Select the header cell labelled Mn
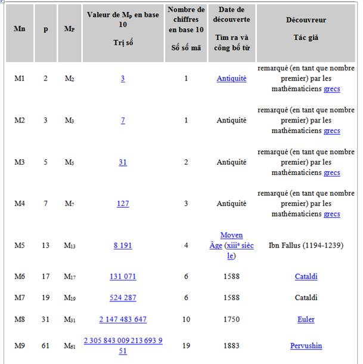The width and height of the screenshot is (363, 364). tap(19, 29)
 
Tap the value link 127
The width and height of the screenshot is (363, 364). tap(123, 203)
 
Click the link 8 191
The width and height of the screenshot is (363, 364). tap(123, 245)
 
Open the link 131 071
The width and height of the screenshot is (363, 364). tap(123, 276)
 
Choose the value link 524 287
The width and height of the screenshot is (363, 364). tap(123, 298)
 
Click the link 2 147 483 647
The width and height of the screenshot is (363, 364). tap(123, 319)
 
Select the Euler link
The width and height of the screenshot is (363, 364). tap(306, 319)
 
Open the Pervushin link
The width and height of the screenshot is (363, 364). tap(306, 346)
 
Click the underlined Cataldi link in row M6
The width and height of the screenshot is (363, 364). tap(306, 276)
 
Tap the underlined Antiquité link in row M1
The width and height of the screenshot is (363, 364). tap(231, 78)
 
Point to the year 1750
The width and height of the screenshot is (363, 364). tap(231, 319)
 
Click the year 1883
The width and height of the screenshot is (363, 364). tap(231, 346)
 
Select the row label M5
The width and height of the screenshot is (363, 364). tap(20, 245)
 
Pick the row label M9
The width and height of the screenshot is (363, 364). tap(20, 346)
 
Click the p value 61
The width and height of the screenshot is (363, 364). tap(45, 346)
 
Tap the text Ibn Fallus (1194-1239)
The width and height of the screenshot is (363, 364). tap(306, 245)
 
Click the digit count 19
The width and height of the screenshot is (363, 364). tap(186, 346)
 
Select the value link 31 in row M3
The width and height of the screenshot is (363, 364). tap(123, 162)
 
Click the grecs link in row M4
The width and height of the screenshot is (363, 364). tap(332, 214)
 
